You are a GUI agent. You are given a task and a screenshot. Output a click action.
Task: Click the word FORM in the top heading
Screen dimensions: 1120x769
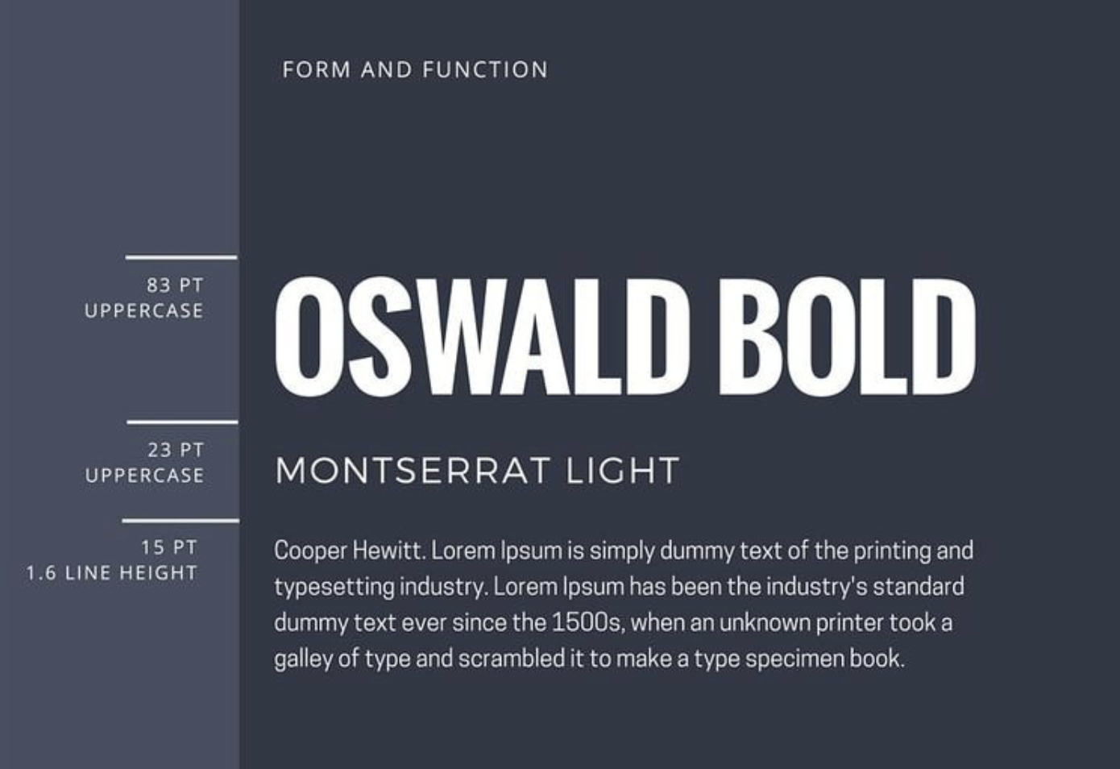point(317,69)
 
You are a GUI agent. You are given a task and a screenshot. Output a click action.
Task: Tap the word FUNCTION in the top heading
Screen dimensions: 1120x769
point(486,69)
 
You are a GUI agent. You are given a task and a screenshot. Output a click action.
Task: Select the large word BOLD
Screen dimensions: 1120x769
point(847,336)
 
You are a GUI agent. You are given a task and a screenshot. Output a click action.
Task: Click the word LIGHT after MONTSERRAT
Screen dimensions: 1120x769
point(623,470)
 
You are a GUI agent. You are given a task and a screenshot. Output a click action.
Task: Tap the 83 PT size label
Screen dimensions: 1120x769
point(175,285)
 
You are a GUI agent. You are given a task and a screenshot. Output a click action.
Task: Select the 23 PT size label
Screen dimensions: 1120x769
point(176,450)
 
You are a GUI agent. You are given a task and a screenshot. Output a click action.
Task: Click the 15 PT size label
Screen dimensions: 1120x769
point(169,547)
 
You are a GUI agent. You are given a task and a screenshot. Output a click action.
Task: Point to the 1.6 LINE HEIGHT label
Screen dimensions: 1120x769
point(112,573)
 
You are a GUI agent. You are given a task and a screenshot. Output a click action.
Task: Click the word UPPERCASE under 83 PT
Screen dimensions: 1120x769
point(144,310)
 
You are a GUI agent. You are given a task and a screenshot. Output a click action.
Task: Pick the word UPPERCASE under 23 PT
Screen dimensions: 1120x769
point(144,476)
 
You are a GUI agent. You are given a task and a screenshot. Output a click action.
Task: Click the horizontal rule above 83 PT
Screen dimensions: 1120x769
point(181,258)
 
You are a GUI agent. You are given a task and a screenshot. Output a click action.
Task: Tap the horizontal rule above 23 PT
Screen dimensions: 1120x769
point(182,422)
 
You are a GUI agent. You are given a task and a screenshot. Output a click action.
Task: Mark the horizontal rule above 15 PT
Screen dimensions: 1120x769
point(180,521)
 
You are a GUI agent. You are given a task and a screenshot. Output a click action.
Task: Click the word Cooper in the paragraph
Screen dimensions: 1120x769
point(310,551)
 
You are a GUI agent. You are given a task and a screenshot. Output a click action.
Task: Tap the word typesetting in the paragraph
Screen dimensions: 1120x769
point(334,588)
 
